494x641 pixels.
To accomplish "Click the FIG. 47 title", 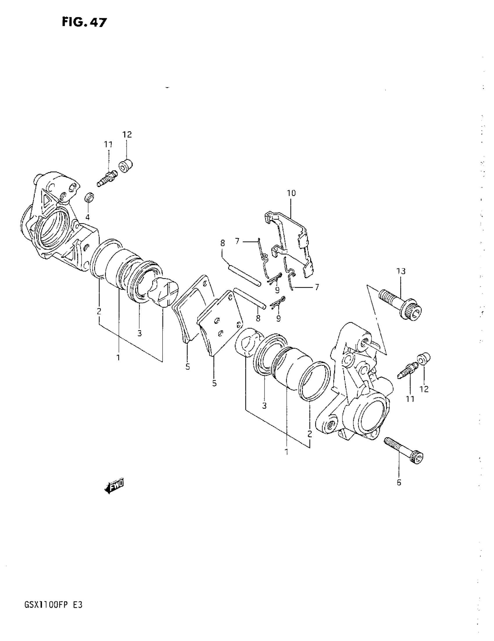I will click(x=84, y=22).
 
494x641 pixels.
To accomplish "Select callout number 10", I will click(x=291, y=193).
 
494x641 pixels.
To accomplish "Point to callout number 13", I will click(x=401, y=271).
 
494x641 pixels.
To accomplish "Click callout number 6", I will click(x=399, y=482).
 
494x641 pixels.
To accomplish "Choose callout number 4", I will click(x=87, y=218).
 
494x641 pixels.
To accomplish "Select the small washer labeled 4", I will click(x=89, y=197).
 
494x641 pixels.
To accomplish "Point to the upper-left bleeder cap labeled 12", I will click(x=126, y=166).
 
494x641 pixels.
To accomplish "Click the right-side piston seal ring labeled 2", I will click(x=314, y=381).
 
